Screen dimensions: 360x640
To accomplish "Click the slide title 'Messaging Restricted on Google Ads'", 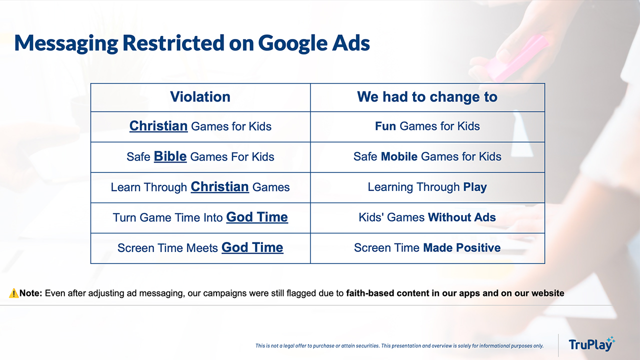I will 192,43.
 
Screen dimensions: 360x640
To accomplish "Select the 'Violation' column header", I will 200,97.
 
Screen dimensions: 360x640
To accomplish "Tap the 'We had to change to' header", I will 427,97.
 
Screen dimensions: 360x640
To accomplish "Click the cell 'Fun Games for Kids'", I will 427,126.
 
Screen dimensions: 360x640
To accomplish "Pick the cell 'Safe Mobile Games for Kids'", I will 427,157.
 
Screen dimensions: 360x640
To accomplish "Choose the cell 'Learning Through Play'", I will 427,187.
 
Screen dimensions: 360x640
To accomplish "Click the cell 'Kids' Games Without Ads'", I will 427,217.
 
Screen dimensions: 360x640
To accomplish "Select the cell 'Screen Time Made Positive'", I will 427,247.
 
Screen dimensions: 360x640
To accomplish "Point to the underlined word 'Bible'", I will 170,156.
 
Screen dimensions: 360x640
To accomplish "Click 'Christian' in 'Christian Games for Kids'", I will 158,126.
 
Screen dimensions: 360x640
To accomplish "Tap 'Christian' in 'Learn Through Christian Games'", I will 219,187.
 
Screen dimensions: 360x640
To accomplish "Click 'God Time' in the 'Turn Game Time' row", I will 257,217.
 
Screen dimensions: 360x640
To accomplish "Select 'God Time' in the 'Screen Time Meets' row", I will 252,247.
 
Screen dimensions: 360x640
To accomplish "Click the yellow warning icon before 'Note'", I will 13,293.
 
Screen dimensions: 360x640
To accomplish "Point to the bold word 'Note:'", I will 31,293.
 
